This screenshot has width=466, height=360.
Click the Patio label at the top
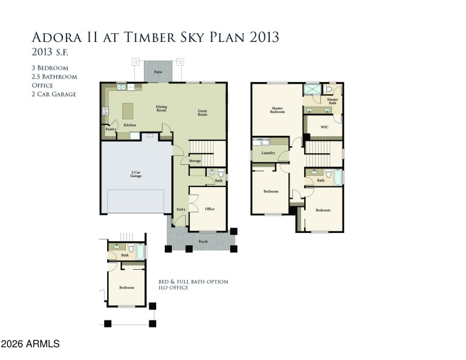(157, 72)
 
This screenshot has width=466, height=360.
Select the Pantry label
(108, 130)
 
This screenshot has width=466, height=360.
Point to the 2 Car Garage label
(136, 174)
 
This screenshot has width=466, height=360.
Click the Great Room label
(203, 113)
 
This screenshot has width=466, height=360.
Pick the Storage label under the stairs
(195, 161)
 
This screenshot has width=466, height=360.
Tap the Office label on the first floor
(210, 209)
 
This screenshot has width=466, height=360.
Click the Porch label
(203, 241)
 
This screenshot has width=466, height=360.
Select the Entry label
(181, 209)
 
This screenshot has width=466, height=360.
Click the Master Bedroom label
(277, 110)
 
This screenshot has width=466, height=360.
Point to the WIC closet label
(323, 125)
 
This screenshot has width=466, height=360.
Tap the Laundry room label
(268, 153)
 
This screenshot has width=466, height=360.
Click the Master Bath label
(333, 101)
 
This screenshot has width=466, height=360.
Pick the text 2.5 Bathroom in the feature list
(54, 76)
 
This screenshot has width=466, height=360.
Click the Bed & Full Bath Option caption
(193, 281)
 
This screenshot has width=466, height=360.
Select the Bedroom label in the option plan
(127, 288)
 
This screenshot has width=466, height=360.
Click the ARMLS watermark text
(30, 345)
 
